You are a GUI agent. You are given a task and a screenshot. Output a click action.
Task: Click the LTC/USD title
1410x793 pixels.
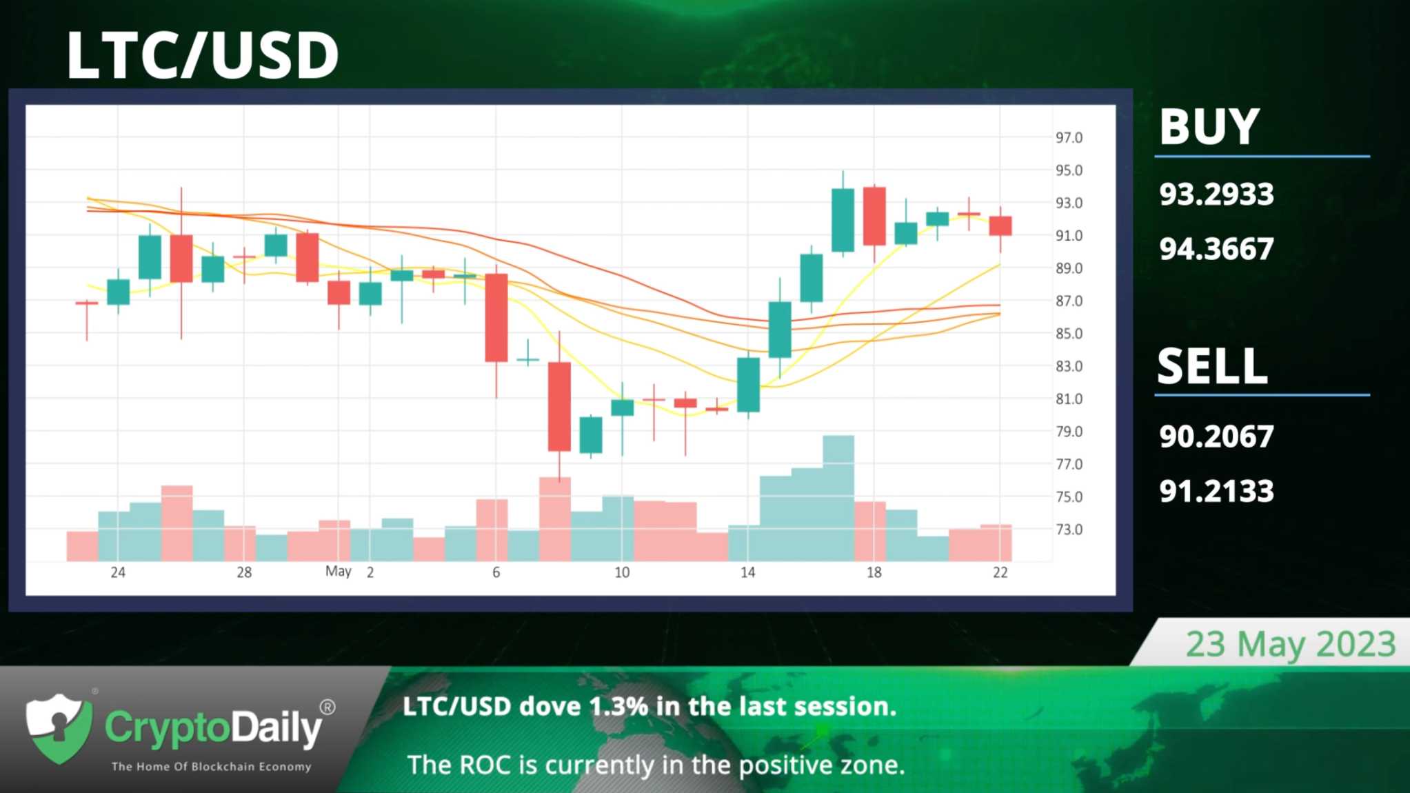tap(202, 54)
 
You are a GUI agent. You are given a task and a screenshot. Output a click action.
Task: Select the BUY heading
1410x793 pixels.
tap(1209, 127)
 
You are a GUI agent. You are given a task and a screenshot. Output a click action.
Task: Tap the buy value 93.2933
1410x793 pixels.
tap(1216, 194)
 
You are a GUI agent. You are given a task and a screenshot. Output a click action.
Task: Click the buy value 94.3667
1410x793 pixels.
tap(1216, 249)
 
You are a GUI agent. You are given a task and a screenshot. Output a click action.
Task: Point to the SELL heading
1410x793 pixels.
tap(1212, 365)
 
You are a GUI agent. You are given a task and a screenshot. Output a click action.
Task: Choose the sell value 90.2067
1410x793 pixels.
tap(1216, 436)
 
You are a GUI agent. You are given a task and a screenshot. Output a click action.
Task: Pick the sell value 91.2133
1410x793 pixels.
tap(1216, 492)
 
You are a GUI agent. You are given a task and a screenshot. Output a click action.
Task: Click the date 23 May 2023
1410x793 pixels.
tap(1291, 644)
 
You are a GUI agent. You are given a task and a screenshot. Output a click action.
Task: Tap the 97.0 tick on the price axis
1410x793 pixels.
tap(1069, 138)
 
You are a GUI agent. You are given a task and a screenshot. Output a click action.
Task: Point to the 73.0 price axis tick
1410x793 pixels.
tap(1069, 530)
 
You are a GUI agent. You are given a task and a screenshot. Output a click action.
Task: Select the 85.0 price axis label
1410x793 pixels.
tap(1069, 334)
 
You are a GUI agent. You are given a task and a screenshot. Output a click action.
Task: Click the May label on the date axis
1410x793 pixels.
tap(338, 571)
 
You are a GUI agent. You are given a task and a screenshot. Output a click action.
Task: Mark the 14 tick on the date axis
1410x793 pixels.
tap(748, 572)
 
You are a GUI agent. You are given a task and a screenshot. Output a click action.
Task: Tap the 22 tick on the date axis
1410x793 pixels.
tap(1000, 572)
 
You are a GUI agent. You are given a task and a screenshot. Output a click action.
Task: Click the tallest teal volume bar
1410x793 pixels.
tap(838, 498)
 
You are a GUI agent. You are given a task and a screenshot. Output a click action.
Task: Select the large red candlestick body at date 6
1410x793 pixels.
tap(496, 318)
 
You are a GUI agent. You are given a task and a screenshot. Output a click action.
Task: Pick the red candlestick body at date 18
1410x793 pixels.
tap(874, 216)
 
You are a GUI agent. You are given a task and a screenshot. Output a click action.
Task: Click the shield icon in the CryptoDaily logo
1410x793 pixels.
tap(59, 728)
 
